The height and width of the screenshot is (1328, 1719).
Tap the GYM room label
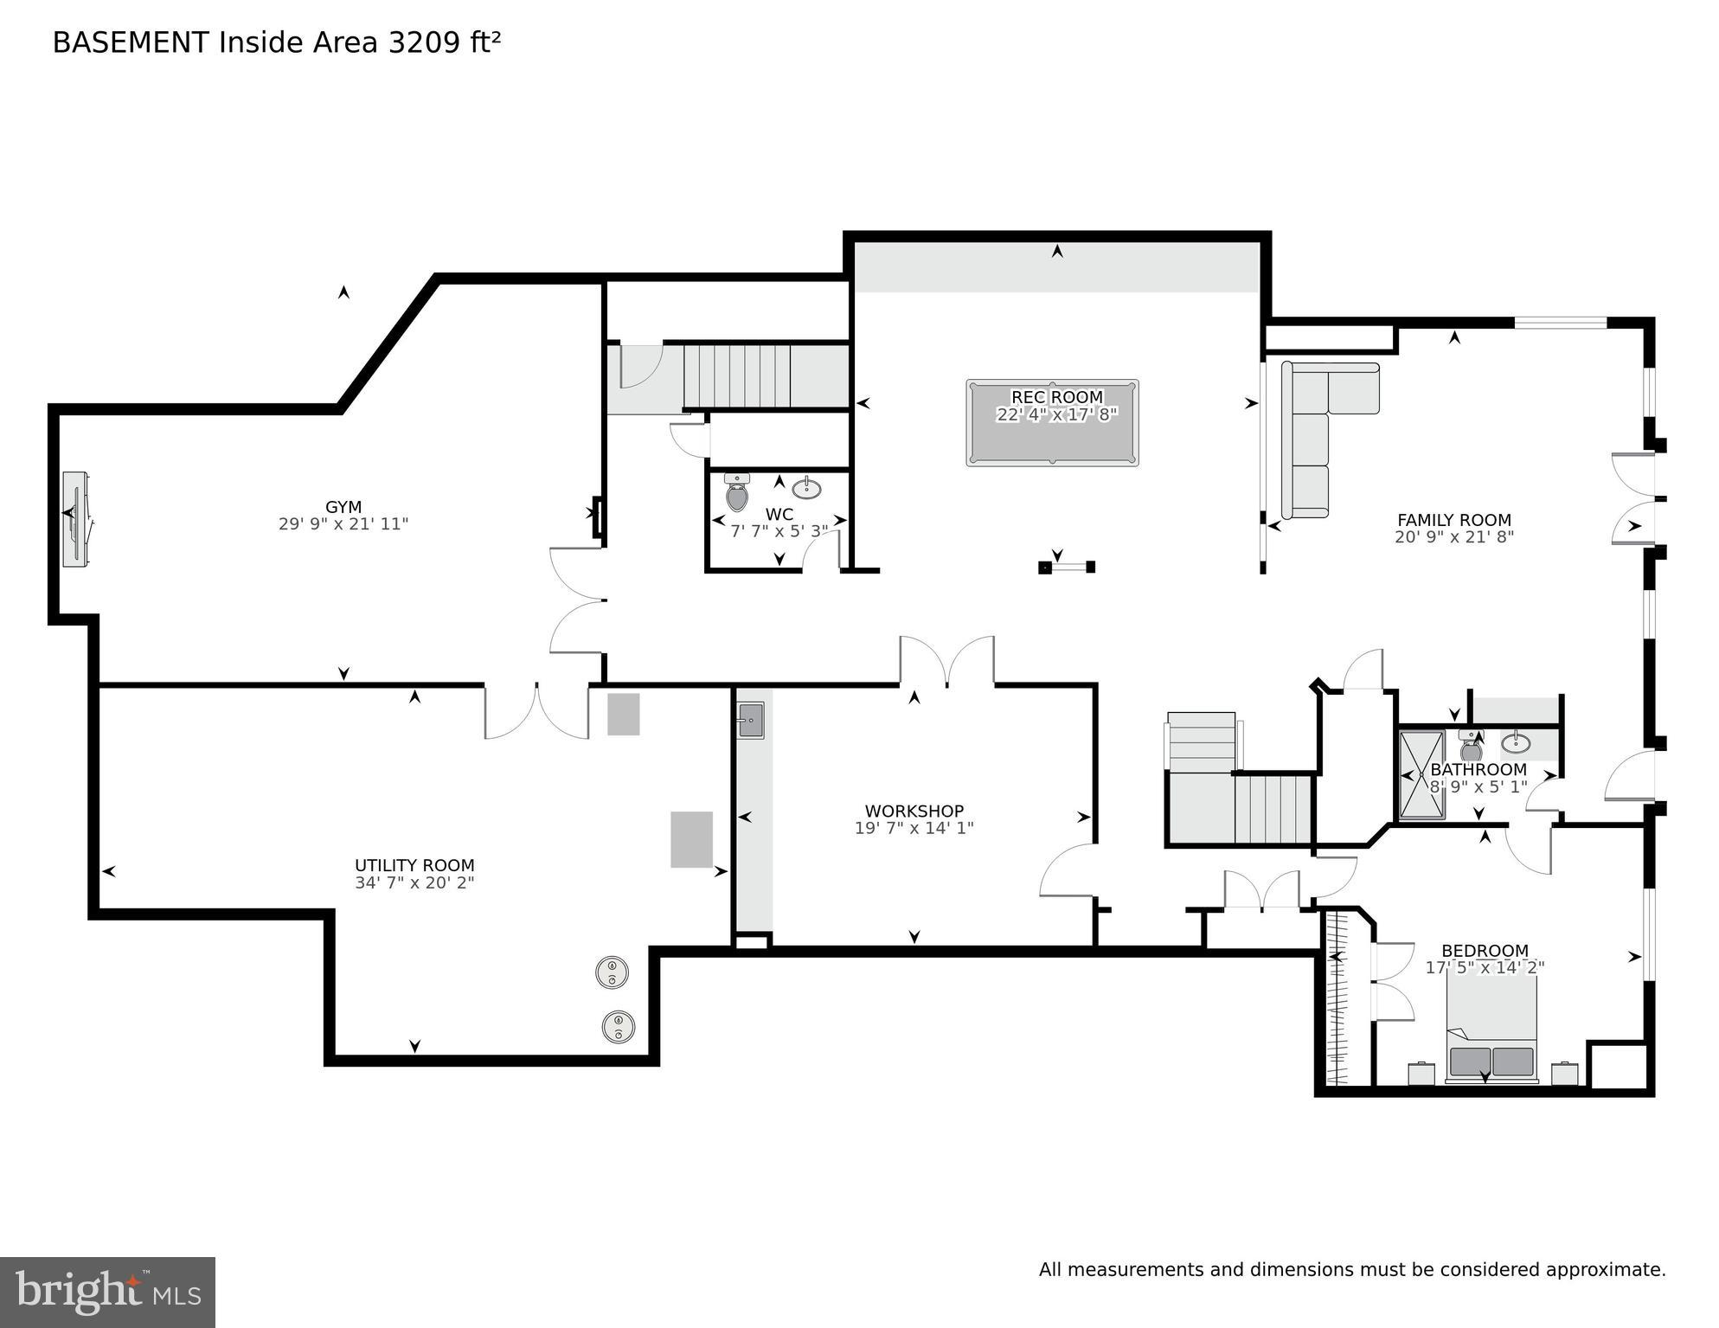(343, 507)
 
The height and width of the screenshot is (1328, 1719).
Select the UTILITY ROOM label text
(414, 865)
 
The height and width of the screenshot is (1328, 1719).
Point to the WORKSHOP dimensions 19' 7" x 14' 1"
(914, 828)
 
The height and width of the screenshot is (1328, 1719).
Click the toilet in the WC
(737, 493)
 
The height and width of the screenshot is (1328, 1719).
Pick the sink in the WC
(806, 488)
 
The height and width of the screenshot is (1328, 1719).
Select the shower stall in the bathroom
(1421, 775)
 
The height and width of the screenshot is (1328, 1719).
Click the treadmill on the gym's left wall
(75, 519)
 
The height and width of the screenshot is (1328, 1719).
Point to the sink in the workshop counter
(750, 721)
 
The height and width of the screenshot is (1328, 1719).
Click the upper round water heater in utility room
(612, 972)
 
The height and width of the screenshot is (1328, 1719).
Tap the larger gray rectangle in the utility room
(691, 839)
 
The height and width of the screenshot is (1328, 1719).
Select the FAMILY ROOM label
(1453, 520)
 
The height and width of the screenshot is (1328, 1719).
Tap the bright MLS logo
(107, 1293)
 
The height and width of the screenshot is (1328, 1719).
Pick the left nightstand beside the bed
(1421, 1074)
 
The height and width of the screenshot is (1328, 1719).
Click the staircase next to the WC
(737, 376)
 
